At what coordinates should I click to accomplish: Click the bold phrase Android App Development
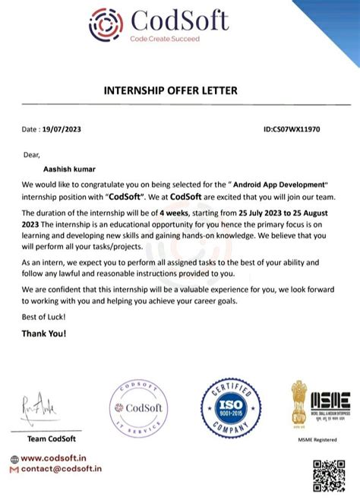point(277,185)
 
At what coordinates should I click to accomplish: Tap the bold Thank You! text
point(44,333)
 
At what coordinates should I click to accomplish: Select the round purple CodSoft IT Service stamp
point(140,410)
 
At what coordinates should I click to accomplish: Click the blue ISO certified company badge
point(230,411)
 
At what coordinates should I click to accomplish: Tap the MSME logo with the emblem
point(320,403)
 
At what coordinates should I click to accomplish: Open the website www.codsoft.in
point(56,459)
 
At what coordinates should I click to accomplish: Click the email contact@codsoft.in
point(61,470)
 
